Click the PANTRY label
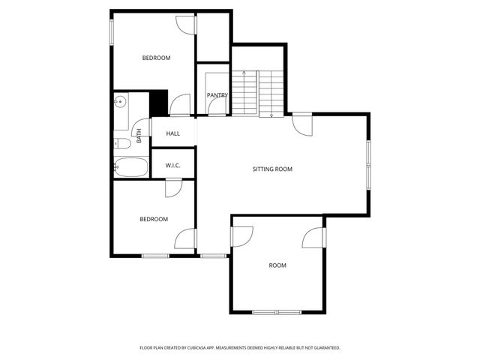pyautogui.click(x=217, y=95)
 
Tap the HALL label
pyautogui.click(x=173, y=133)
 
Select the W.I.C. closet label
pyautogui.click(x=173, y=166)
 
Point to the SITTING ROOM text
pyautogui.click(x=271, y=169)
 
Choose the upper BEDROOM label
pyautogui.click(x=157, y=58)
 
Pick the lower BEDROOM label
pyautogui.click(x=154, y=219)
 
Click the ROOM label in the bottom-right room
pyautogui.click(x=277, y=265)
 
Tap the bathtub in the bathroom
pyautogui.click(x=131, y=168)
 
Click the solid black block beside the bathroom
pyautogui.click(x=158, y=103)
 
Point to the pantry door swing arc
pyautogui.click(x=215, y=107)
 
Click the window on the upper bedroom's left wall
pyautogui.click(x=112, y=32)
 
